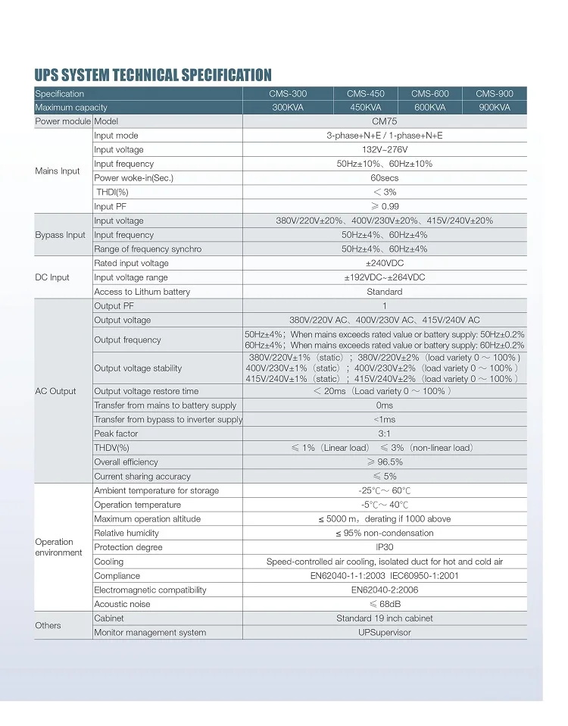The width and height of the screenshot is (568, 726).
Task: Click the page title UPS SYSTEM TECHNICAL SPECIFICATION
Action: [x=153, y=75]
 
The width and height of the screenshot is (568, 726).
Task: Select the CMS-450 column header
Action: [x=366, y=94]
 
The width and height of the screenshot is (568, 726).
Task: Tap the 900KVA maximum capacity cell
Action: [x=495, y=108]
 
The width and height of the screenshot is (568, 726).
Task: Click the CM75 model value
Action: [x=384, y=121]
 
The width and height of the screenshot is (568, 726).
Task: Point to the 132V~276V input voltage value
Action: [x=384, y=150]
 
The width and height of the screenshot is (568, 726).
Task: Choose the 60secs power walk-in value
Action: [x=384, y=178]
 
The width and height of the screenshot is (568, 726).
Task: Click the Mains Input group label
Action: [x=58, y=171]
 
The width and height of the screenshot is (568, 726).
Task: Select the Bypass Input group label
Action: [x=60, y=235]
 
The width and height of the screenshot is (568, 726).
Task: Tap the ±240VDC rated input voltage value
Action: [x=384, y=263]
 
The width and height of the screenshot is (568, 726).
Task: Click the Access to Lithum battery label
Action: [x=142, y=292]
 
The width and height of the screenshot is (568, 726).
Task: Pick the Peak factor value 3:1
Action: [x=384, y=433]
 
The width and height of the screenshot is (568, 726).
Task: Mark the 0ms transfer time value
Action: [x=384, y=405]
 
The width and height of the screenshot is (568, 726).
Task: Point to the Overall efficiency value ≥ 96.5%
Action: [x=384, y=462]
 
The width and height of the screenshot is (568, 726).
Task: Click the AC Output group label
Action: [x=56, y=391]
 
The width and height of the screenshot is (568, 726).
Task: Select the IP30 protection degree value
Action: [x=384, y=547]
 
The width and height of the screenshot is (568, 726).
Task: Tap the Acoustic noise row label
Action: [x=122, y=604]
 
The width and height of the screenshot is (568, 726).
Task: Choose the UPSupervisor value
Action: [x=384, y=633]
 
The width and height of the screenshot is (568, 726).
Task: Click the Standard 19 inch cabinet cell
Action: [x=384, y=618]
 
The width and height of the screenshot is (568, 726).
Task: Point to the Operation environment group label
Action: [x=58, y=547]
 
